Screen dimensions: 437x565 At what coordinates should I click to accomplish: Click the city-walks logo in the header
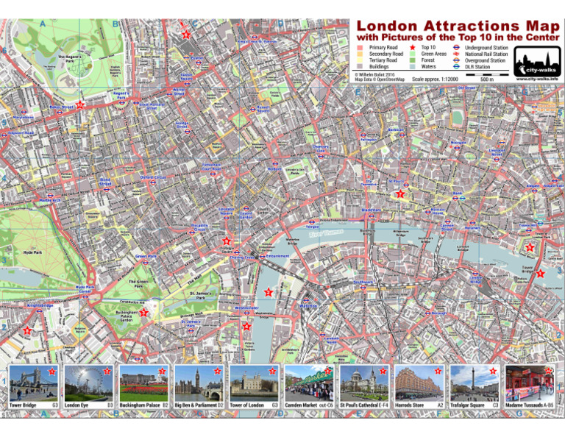[536, 60]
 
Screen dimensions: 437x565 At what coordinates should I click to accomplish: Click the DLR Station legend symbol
[457, 67]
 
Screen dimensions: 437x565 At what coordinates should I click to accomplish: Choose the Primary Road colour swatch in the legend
[360, 47]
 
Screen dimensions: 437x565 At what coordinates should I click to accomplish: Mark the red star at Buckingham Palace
[144, 313]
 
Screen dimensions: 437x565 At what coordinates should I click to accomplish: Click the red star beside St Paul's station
[400, 194]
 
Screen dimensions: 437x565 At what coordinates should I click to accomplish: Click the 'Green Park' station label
[146, 257]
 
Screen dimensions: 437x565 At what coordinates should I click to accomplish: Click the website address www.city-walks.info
[536, 78]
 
